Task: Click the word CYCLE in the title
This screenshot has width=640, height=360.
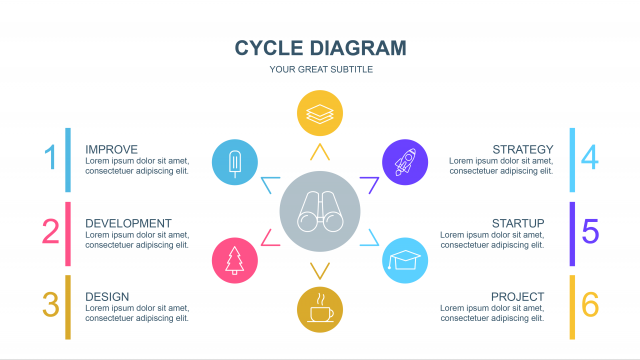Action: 269,48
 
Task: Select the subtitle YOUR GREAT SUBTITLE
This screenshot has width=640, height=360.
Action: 321,69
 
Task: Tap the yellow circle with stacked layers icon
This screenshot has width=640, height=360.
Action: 320,113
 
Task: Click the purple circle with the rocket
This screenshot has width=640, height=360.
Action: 405,162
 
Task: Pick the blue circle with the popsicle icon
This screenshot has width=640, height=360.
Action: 235,162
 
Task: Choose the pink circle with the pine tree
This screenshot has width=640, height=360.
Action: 235,260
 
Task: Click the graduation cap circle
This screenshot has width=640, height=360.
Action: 405,260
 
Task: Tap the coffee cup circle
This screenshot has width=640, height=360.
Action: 320,309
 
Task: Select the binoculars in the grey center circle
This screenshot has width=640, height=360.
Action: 320,211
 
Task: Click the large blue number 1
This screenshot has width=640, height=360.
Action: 51,157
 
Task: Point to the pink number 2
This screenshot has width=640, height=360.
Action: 51,231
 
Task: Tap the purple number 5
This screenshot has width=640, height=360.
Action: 590,231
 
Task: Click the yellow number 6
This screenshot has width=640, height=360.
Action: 590,304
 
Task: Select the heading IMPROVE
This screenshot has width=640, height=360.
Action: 111,149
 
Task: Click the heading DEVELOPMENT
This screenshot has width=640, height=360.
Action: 128,223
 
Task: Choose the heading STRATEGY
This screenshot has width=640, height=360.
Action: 523,149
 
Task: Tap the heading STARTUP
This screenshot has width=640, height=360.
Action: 518,223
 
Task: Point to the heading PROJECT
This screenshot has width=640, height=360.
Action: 518,297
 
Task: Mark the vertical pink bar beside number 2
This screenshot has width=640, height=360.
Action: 68,234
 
